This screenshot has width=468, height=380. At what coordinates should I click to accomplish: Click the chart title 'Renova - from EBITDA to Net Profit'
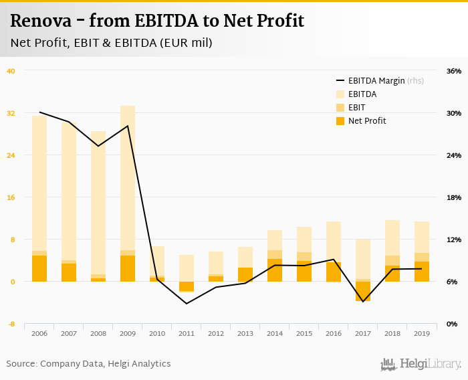coord(157,21)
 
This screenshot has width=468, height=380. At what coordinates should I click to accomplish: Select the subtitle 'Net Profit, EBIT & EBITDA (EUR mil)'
coord(111,43)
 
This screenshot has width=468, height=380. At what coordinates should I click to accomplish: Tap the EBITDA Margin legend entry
coord(377,81)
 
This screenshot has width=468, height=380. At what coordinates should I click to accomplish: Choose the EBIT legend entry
coord(357,107)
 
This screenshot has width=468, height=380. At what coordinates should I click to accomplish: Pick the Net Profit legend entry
coord(366,120)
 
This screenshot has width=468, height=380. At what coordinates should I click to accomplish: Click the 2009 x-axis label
coord(128,333)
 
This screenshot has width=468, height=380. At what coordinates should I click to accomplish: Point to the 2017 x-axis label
coord(363,333)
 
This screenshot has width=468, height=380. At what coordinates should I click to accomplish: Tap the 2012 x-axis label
coord(216,333)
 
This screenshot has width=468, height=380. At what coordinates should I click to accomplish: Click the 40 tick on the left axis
coord(11,71)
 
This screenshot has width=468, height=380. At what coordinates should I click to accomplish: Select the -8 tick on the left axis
coord(11,324)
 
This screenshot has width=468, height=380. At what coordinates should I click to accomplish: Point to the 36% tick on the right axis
coord(454,71)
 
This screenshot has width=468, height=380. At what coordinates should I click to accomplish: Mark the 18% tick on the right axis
coord(454,197)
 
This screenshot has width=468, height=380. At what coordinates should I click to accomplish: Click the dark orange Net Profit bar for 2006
coord(39,268)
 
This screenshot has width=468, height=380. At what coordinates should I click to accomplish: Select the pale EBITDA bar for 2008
coord(98,201)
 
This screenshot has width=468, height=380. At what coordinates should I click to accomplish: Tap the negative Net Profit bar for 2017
coord(363,291)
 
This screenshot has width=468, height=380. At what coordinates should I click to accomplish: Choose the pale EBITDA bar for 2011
coord(187,268)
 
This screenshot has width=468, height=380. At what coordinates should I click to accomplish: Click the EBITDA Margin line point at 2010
coord(157,278)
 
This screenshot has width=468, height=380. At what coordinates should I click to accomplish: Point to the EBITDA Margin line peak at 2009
coord(128,126)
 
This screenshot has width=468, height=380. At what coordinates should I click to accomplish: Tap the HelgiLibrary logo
coord(421,364)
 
